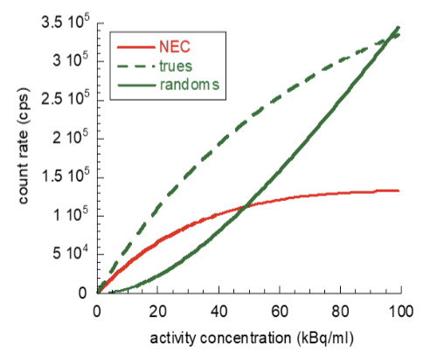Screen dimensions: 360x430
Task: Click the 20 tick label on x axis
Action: tap(157, 312)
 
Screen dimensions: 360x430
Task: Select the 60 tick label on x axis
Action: tap(279, 312)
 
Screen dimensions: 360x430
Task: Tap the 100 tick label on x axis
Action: tap(400, 312)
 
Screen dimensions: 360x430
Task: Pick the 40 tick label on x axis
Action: tap(218, 312)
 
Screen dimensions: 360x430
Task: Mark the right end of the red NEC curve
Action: tap(399, 190)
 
